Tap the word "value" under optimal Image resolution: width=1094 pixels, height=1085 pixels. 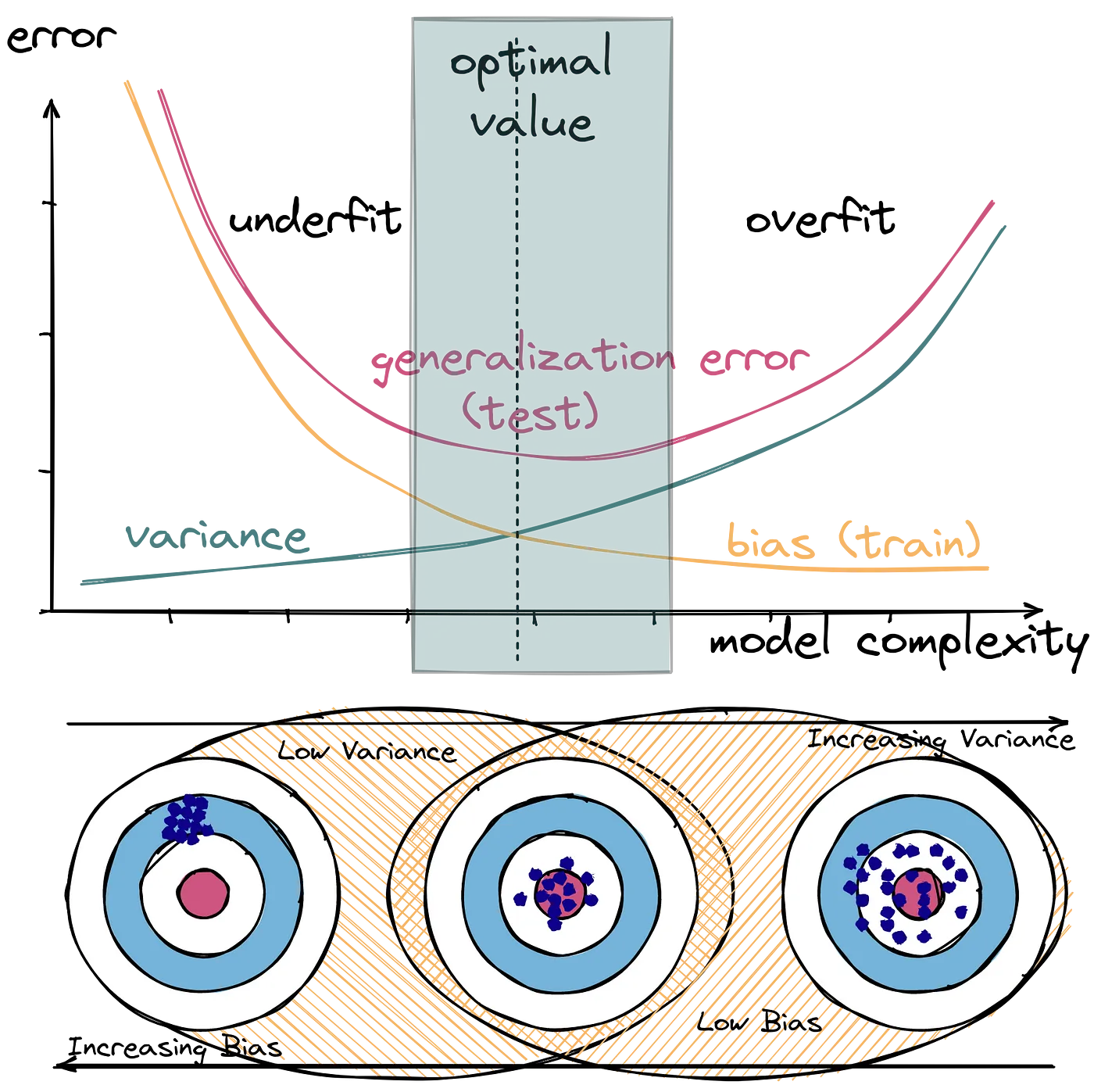[x=531, y=124]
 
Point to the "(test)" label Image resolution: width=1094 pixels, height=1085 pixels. [x=531, y=412]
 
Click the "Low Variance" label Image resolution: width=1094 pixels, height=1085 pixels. [x=365, y=752]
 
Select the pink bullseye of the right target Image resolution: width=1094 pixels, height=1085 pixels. [x=917, y=893]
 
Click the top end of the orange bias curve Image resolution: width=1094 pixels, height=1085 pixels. [x=125, y=81]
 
